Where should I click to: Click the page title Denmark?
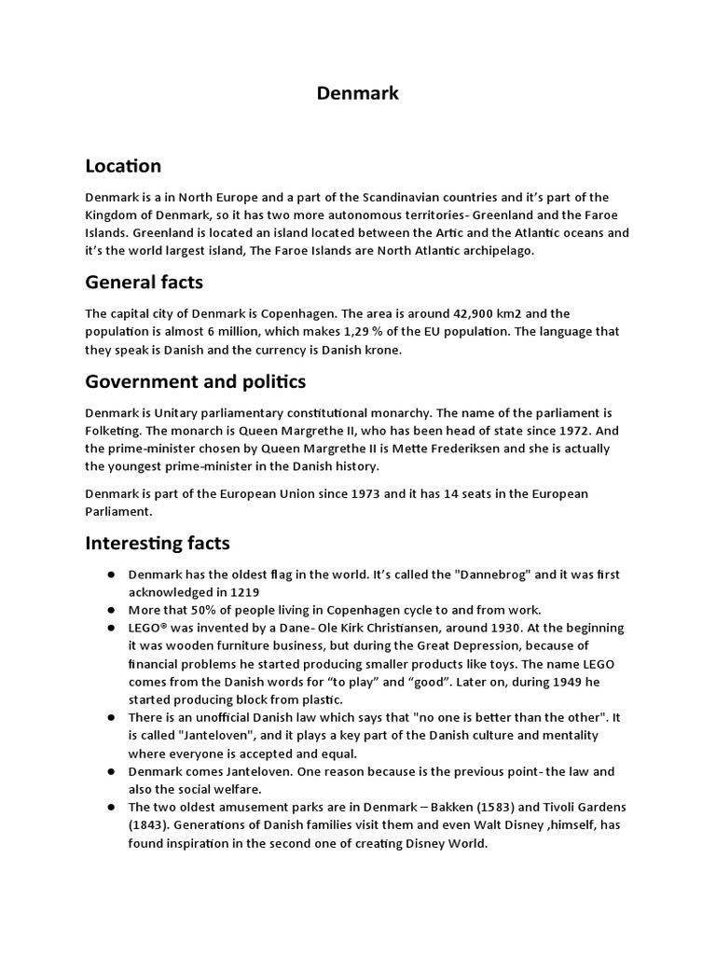pyautogui.click(x=358, y=92)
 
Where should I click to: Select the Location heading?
pyautogui.click(x=123, y=166)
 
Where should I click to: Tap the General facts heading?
pyautogui.click(x=144, y=282)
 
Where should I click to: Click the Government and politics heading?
pyautogui.click(x=195, y=381)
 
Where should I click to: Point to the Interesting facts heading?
pyautogui.click(x=157, y=542)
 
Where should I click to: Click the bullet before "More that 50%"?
pyautogui.click(x=110, y=610)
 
